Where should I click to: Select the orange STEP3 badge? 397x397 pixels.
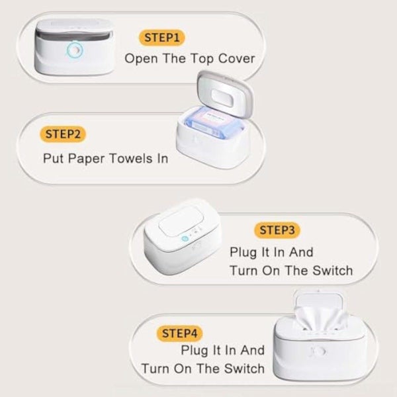277,230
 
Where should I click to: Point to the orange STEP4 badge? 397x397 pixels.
179,333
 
